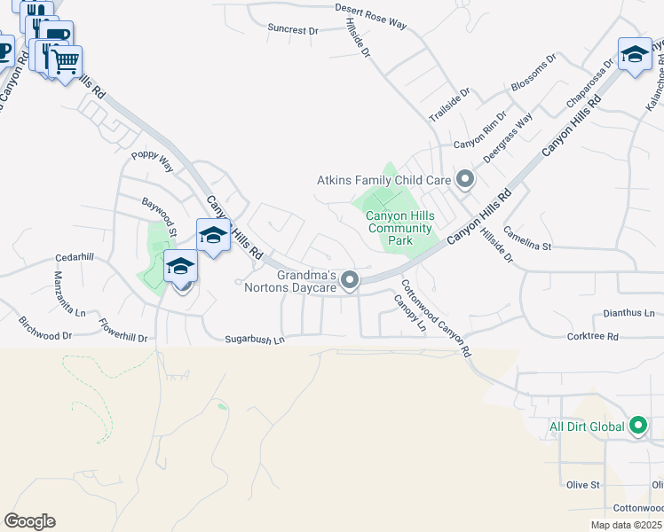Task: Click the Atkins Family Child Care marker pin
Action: pos(464,181)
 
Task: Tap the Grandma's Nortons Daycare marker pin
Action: pos(351,281)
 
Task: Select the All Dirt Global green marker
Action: pos(637,426)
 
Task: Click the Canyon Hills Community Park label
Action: pos(400,228)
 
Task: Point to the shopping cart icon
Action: pos(65,61)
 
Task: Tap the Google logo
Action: pos(29,520)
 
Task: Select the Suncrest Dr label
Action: pos(293,29)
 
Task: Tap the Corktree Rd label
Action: pos(592,337)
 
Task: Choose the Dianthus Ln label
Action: pos(628,313)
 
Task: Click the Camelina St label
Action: pos(527,237)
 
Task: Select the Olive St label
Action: pos(583,485)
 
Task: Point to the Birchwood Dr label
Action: pos(43,336)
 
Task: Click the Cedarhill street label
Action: pos(74,256)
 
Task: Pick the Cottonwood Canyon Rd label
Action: pos(435,317)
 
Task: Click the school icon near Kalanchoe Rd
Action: pos(635,54)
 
